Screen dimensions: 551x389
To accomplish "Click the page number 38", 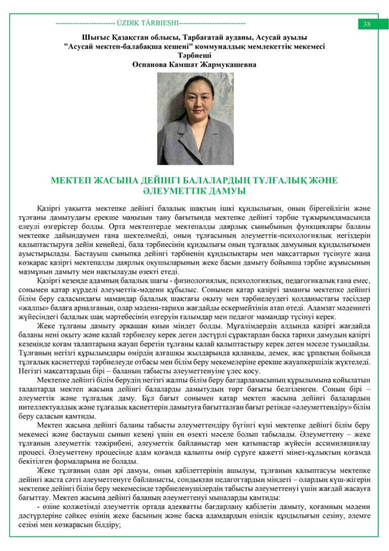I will click(x=368, y=24).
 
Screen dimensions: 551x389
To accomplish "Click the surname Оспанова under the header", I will click(x=152, y=64).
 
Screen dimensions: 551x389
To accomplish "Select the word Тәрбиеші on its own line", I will click(x=194, y=55).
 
